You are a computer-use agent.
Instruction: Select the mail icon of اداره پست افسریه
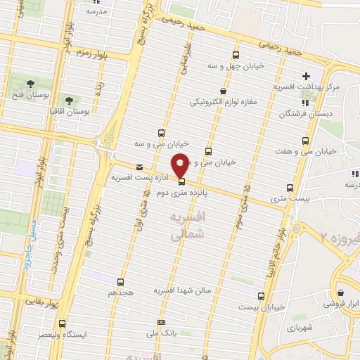coord(139,167)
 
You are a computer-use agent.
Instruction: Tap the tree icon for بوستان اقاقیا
coord(68,100)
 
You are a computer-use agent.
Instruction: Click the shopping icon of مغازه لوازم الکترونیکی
coord(223,91)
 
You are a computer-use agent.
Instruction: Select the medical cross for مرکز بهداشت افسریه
coord(305,76)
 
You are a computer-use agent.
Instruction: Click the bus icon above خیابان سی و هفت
coord(304,140)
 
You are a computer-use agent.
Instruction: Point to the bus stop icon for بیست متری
coord(290,188)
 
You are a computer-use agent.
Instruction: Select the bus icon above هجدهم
coord(120,282)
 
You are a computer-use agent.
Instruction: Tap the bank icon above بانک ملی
coord(162,323)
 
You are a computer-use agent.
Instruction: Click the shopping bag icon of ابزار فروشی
coord(341,293)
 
